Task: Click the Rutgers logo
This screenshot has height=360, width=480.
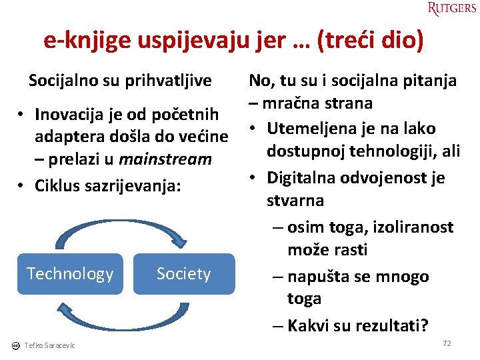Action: pos(452,9)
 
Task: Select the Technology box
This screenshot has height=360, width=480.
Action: pos(70,273)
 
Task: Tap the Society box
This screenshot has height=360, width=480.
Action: pos(184,273)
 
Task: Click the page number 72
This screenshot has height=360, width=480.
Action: pos(447,343)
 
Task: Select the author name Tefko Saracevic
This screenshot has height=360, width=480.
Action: pos(50,345)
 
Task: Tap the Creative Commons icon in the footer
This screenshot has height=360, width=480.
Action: pos(15,345)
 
